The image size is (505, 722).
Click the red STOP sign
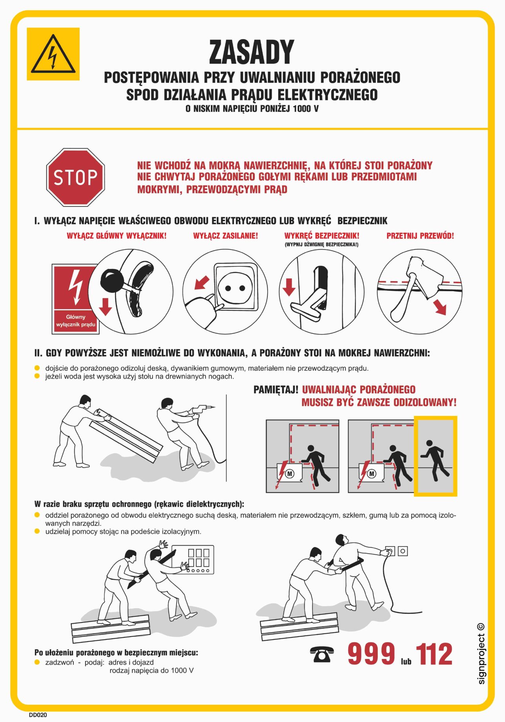(x=76, y=177)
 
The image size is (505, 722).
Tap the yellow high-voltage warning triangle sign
(x=53, y=54)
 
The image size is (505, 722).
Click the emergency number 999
(x=371, y=654)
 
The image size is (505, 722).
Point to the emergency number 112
(x=434, y=654)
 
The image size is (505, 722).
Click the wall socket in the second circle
(x=236, y=287)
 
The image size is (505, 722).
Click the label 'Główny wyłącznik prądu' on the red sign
(x=76, y=321)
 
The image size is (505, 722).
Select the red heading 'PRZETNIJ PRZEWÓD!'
(x=420, y=236)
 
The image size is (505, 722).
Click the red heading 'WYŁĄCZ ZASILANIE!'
(x=225, y=236)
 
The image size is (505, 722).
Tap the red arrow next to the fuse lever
(x=289, y=287)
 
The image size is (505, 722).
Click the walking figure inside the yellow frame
(x=435, y=459)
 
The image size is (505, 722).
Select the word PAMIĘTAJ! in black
(x=276, y=390)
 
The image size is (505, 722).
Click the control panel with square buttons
(x=193, y=559)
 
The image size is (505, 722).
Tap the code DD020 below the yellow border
(x=38, y=715)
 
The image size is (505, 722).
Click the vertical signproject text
(x=481, y=654)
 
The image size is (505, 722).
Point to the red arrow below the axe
(x=440, y=307)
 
